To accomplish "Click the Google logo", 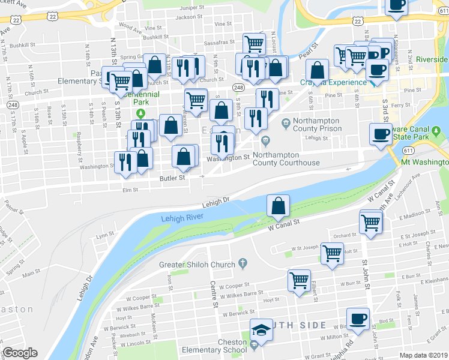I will click(x=20, y=353).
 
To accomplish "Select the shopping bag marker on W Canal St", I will click(x=279, y=206).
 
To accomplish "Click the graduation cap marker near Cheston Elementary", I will click(x=262, y=330).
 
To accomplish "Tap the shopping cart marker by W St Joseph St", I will click(x=332, y=253).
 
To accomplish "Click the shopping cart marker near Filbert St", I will click(x=299, y=280).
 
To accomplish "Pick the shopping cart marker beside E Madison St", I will click(x=371, y=221).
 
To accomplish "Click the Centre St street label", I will click(x=213, y=295).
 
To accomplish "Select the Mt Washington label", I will click(x=424, y=162).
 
